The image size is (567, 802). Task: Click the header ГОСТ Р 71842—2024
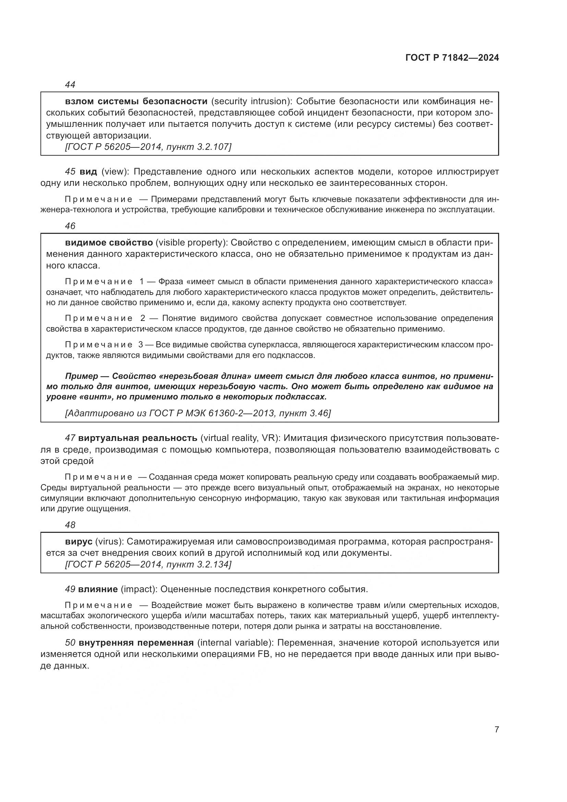coord(452,58)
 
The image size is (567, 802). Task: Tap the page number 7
coord(496,729)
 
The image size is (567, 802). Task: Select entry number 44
coord(70,85)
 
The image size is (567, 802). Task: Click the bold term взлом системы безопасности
coord(136,101)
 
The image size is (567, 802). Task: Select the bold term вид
coord(88,172)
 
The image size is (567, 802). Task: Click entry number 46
coord(70,226)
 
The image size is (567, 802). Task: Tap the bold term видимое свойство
coord(109,243)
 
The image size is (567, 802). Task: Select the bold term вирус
coord(79,542)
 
